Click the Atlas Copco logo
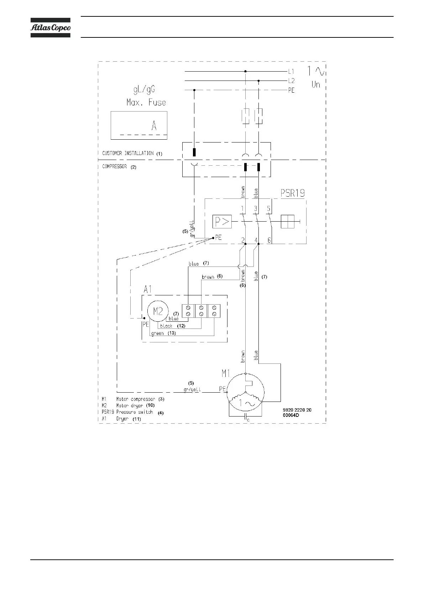point(50,27)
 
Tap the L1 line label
point(291,71)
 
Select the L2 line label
point(291,81)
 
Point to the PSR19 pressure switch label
point(293,193)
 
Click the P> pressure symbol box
point(222,222)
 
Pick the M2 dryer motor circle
point(158,311)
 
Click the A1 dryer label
point(147,289)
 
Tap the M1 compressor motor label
point(226,373)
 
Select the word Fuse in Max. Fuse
point(157,103)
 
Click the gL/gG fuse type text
point(144,89)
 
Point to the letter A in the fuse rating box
point(154,126)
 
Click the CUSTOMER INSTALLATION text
point(128,153)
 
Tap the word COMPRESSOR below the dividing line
point(114,166)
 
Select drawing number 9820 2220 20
point(297,410)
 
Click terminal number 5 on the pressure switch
point(269,209)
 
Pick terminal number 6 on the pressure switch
point(269,240)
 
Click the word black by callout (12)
point(166,326)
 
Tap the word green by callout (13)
point(157,333)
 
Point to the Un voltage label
point(316,84)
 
